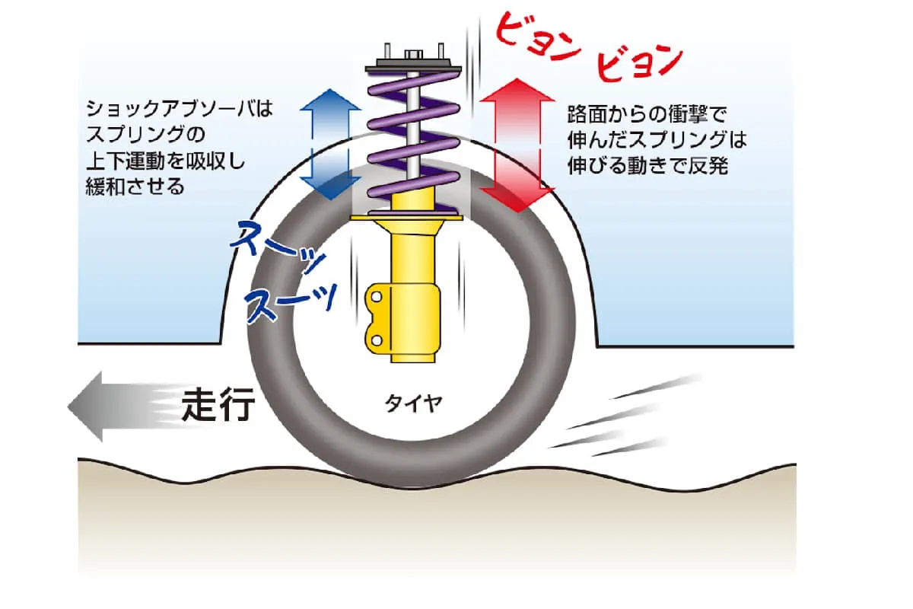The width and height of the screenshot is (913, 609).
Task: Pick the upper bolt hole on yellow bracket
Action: [376, 295]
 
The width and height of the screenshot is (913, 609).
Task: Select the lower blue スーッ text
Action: [290, 298]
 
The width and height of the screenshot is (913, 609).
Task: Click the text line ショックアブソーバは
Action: [179, 110]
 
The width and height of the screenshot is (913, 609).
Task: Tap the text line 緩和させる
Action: [135, 187]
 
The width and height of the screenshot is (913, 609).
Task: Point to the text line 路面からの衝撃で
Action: [647, 114]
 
